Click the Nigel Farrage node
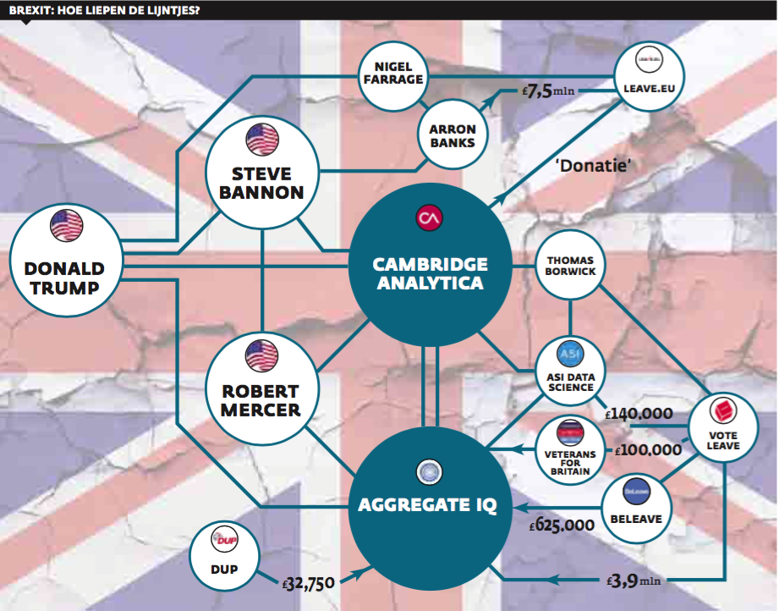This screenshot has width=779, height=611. pyautogui.click(x=392, y=73)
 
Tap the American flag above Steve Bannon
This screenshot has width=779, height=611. pyautogui.click(x=261, y=138)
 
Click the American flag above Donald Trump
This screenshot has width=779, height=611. pyautogui.click(x=65, y=225)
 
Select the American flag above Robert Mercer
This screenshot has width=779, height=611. pyautogui.click(x=261, y=355)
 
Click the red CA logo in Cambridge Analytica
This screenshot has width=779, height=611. pyautogui.click(x=429, y=217)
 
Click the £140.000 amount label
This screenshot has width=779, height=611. pyautogui.click(x=639, y=415)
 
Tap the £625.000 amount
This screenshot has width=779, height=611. pyautogui.click(x=562, y=525)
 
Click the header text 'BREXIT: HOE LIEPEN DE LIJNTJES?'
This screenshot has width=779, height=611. pyautogui.click(x=106, y=10)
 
